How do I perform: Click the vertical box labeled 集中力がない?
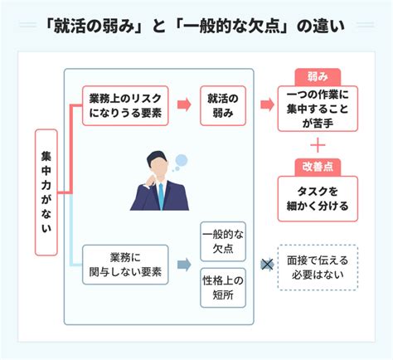[x=46, y=192]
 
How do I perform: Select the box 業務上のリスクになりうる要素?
[x=125, y=105]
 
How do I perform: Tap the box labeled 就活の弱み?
[x=223, y=105]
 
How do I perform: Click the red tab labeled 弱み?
[x=318, y=77]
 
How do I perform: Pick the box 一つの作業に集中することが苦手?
[x=318, y=109]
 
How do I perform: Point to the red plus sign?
[x=318, y=145]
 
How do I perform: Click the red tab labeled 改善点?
[x=318, y=168]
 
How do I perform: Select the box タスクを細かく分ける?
[x=318, y=199]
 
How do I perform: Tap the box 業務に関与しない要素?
[x=125, y=265]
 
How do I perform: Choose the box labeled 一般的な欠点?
[x=223, y=241]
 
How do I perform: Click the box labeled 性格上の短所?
[x=223, y=288]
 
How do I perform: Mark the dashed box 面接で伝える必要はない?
[x=318, y=267]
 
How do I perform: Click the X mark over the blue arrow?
[x=267, y=265]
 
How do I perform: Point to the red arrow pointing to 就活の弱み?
[x=184, y=105]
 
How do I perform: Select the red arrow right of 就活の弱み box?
[x=267, y=105]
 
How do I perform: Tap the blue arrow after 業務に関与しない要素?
[x=184, y=265]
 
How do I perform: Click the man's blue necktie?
[x=161, y=196]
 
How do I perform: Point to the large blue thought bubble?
[x=182, y=160]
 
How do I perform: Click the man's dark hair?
[x=156, y=157]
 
